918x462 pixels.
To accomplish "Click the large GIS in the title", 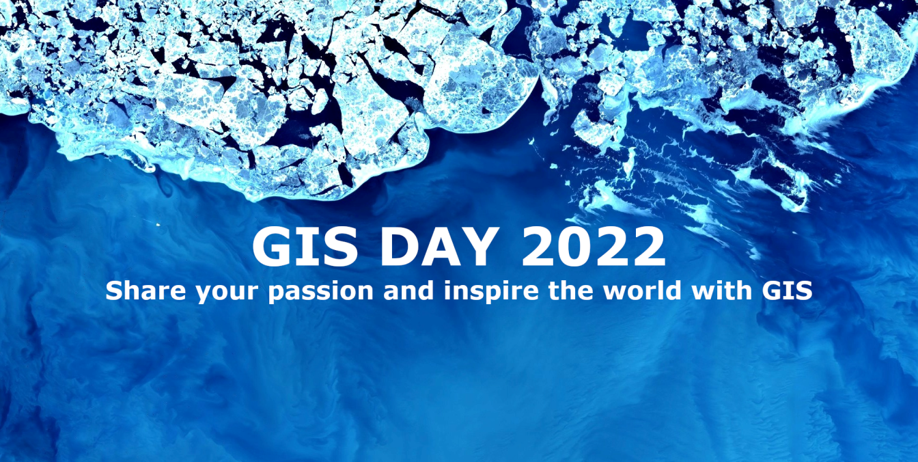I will coord(305,247).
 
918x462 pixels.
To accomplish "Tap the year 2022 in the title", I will coord(594,247).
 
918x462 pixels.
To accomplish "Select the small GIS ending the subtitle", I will coord(786,292).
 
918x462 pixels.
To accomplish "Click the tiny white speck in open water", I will coord(158,224).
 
